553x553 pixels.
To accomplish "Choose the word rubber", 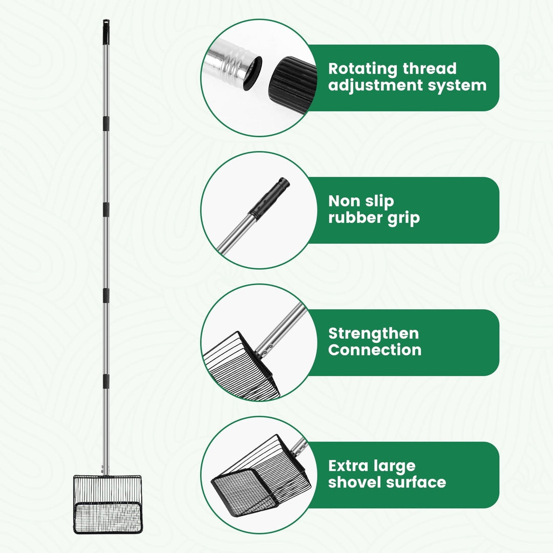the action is (355, 218).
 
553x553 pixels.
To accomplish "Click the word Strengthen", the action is (373, 334).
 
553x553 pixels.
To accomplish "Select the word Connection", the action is (375, 350).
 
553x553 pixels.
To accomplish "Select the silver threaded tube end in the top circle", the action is (233, 64).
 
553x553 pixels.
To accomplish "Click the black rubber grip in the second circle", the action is (269, 199).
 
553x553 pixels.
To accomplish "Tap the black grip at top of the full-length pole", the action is (106, 32).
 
